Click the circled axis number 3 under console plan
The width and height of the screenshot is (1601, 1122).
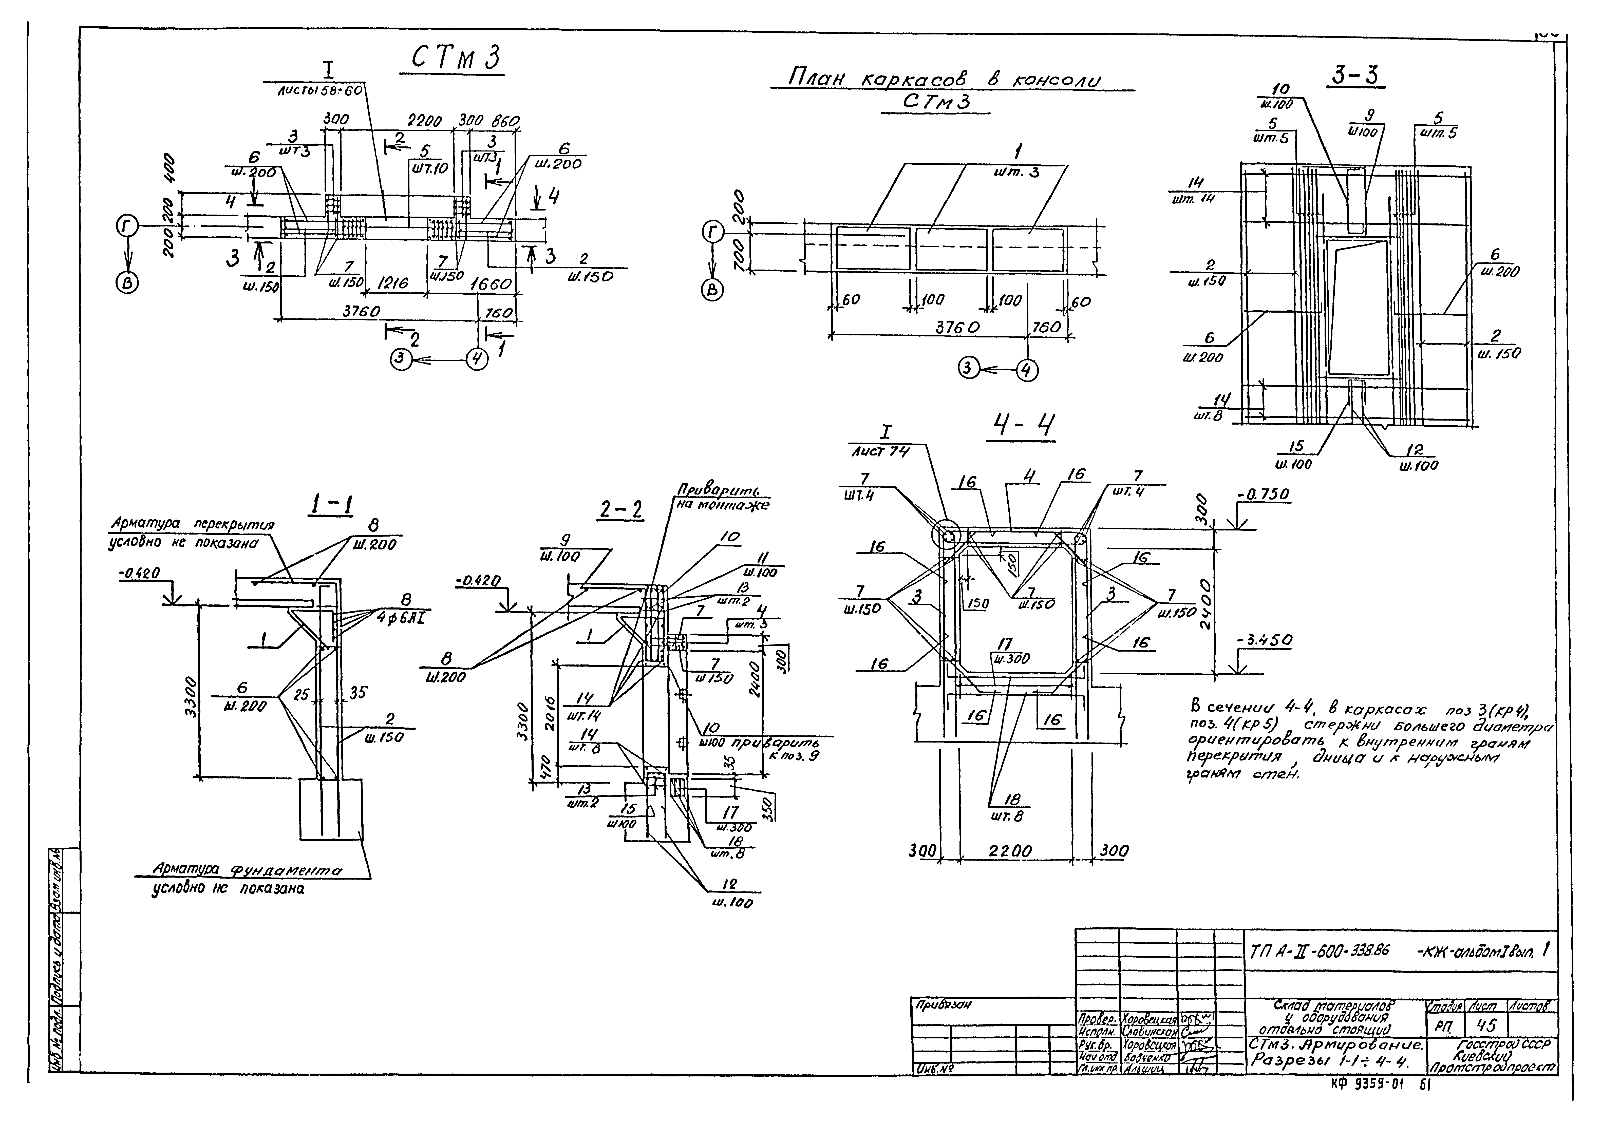pyautogui.click(x=967, y=368)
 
